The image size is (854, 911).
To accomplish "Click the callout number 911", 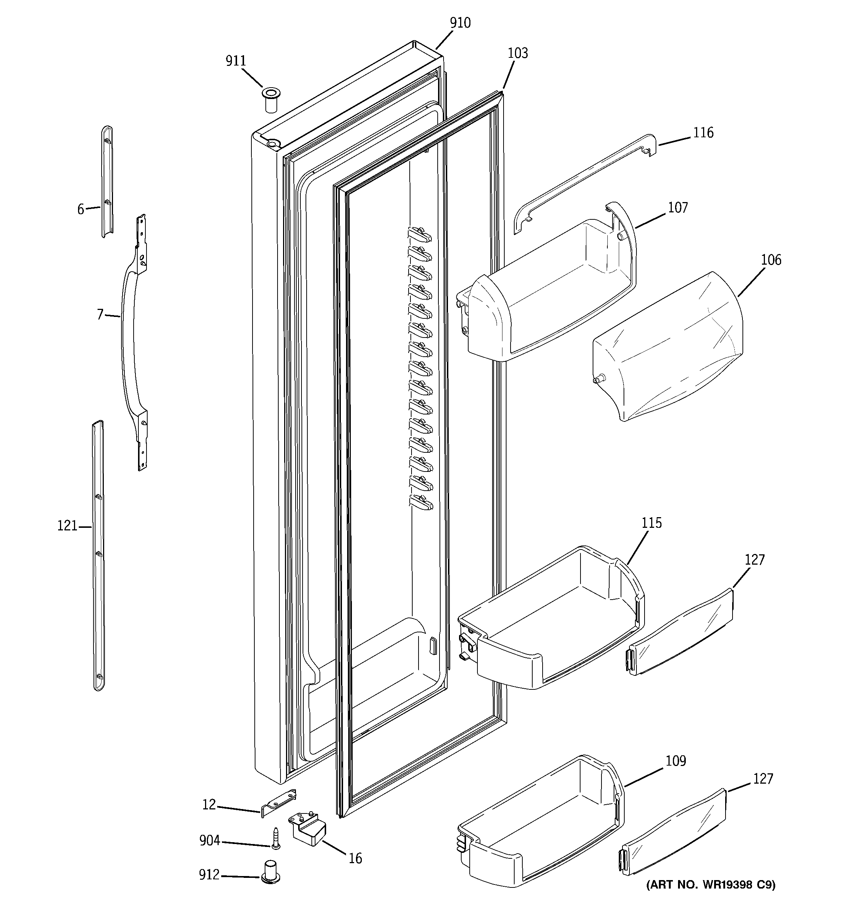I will [236, 61].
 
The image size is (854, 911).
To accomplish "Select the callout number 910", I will [460, 23].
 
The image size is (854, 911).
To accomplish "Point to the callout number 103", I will [518, 53].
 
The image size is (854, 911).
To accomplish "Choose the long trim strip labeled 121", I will [98, 554].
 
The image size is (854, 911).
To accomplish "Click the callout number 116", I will [703, 133].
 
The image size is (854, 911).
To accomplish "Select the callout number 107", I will [678, 208].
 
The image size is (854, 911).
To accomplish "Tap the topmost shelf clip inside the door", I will [419, 234].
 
